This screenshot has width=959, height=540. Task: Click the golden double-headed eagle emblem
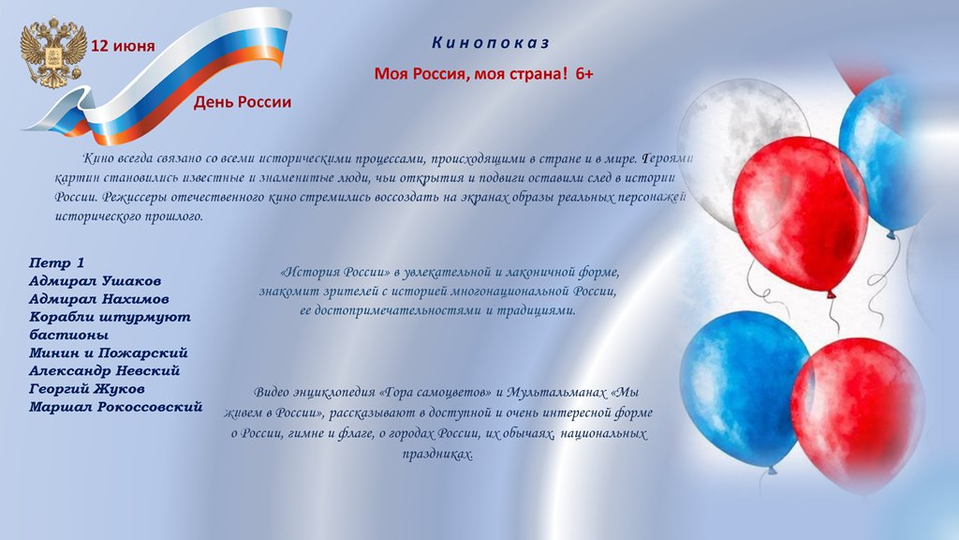pos(52,52)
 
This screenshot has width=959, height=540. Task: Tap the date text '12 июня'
pos(123,47)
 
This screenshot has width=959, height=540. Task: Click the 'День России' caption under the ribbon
pos(243,102)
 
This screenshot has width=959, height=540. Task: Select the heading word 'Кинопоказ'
pos(491,43)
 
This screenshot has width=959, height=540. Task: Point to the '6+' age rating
pos(584,74)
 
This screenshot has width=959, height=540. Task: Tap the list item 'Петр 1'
pos(57,263)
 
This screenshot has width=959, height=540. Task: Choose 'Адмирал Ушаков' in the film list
pos(95,281)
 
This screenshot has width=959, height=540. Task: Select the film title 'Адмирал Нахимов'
pos(99,299)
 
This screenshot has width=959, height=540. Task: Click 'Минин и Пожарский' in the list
pos(109,352)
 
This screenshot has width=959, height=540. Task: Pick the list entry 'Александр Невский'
pos(105,370)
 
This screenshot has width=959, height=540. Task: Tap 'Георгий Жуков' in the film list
pos(87,389)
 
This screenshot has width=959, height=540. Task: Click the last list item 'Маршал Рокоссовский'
pos(115,407)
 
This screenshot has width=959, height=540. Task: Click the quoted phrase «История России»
pos(335,272)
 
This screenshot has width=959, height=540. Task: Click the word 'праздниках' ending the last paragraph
pos(438,455)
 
